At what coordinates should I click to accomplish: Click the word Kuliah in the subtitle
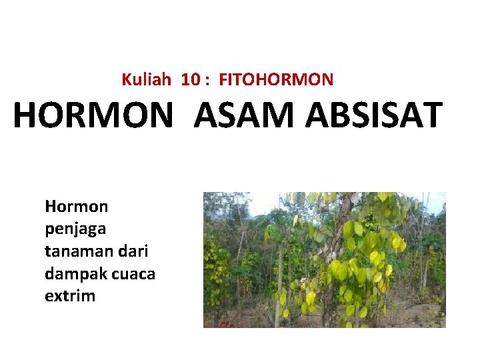tap(145, 80)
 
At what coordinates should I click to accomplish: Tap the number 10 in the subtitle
tap(190, 80)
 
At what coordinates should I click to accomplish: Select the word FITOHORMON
tap(276, 80)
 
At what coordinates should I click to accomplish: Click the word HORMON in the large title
tap(92, 115)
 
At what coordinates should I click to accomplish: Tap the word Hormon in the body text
tap(76, 207)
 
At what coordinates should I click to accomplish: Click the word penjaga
tap(75, 230)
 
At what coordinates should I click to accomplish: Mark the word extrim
tap(70, 296)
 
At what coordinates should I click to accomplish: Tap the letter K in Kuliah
tap(126, 80)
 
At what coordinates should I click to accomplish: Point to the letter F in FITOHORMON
tap(223, 80)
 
